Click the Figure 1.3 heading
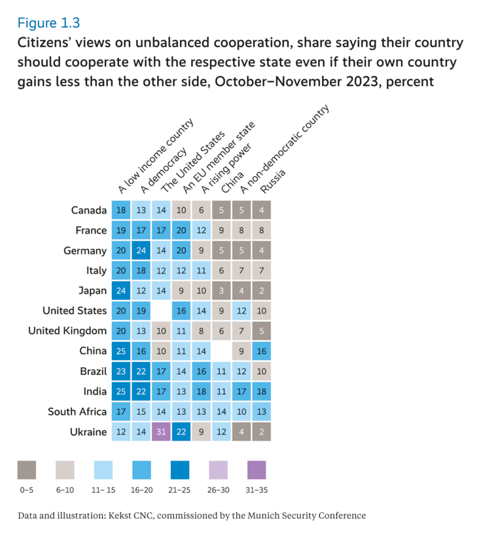point(48,23)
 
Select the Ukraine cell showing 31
point(162,432)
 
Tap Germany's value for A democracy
point(141,251)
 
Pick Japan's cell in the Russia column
point(262,291)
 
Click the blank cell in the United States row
point(162,311)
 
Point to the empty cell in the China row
point(222,351)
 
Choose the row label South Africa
point(77,412)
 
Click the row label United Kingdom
point(67,331)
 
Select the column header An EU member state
point(217,157)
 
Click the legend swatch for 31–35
point(257,470)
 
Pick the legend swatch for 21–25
point(180,470)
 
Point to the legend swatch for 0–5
point(27,470)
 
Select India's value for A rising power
point(202,391)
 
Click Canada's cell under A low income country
point(121,210)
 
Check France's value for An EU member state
point(182,230)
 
